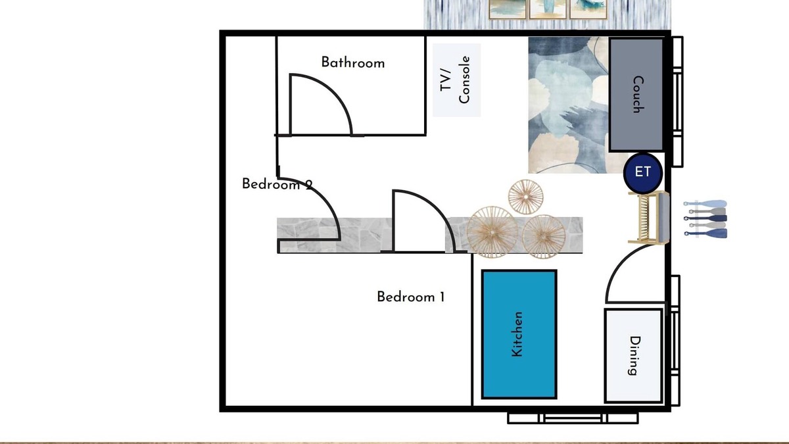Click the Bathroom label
click(x=353, y=62)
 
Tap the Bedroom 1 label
click(x=411, y=297)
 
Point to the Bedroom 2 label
click(x=277, y=184)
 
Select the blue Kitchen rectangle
click(x=519, y=334)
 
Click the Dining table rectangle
click(x=634, y=356)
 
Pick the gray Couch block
click(x=636, y=95)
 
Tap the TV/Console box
click(x=456, y=80)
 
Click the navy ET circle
click(x=643, y=172)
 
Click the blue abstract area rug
click(x=569, y=105)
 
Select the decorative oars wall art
click(x=705, y=219)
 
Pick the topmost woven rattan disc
click(x=525, y=197)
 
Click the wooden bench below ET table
click(x=649, y=218)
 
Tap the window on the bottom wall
click(x=573, y=418)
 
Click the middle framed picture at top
click(x=548, y=9)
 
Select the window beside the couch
click(x=677, y=101)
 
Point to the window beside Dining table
click(x=675, y=341)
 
